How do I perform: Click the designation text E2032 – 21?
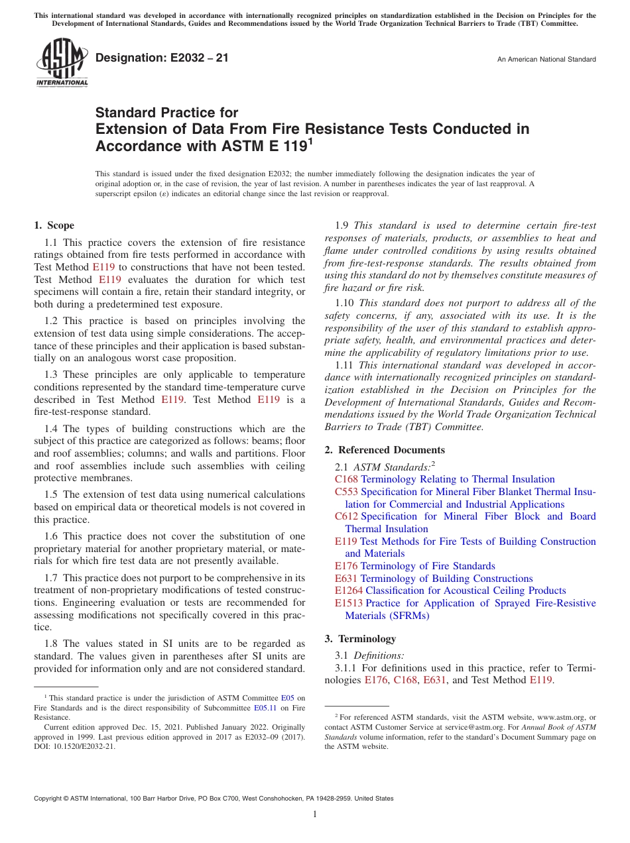tap(162, 58)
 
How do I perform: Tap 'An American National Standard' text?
tap(546, 60)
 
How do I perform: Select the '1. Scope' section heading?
tap(54, 225)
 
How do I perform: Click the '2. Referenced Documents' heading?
tap(385, 450)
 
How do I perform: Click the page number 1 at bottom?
tap(315, 815)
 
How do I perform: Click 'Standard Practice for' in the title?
tap(166, 113)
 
